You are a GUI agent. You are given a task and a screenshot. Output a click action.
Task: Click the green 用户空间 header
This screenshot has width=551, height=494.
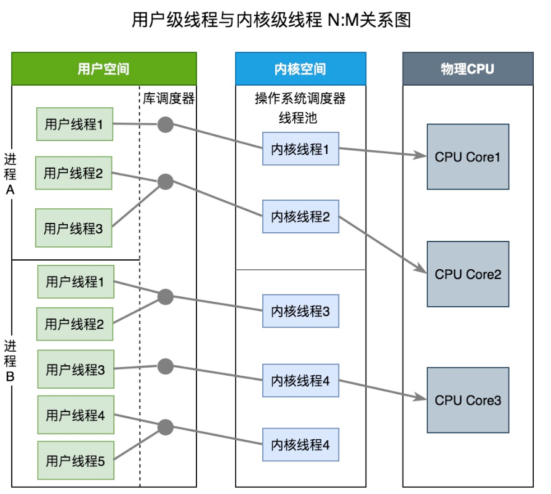click(x=103, y=68)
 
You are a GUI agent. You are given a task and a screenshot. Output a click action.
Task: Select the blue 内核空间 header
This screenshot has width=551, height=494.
click(x=300, y=68)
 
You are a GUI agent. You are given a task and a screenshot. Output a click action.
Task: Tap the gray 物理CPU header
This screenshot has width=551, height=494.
click(x=467, y=68)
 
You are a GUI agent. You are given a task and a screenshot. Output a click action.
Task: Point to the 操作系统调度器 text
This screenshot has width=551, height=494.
click(x=300, y=99)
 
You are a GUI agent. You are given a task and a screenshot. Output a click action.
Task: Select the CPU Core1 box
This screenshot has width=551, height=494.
click(x=468, y=156)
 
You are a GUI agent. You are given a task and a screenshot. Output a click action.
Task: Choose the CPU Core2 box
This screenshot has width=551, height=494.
click(x=468, y=274)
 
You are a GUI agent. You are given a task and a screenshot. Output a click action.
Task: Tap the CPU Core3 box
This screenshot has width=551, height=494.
click(x=468, y=400)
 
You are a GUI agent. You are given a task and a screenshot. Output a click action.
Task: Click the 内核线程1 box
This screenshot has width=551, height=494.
click(x=300, y=148)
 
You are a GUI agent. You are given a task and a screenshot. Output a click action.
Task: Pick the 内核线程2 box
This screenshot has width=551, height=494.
click(x=300, y=216)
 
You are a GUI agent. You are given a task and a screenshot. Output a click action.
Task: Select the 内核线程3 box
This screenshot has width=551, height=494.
click(x=300, y=311)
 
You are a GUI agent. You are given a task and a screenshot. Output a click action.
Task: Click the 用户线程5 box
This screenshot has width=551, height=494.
click(x=76, y=460)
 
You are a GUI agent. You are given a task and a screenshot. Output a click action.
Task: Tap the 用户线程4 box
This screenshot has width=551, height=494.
click(x=76, y=415)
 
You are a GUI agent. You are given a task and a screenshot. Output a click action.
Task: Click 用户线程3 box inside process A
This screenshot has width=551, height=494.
click(x=74, y=228)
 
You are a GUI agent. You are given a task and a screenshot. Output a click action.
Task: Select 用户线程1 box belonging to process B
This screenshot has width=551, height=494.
click(x=76, y=282)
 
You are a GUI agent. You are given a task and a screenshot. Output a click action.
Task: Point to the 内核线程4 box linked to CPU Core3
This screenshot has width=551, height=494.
click(x=300, y=381)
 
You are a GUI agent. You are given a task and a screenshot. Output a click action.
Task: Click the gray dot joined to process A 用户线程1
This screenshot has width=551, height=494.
click(x=164, y=124)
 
